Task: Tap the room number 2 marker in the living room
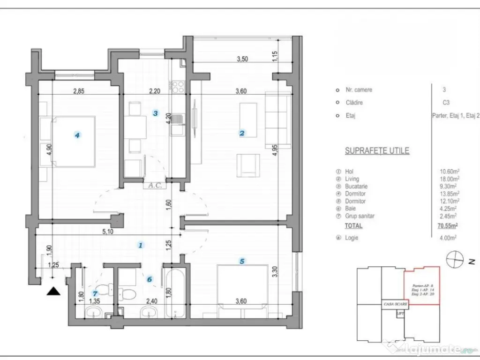coord(242,133)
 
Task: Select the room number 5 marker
coord(242,262)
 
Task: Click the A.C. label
coord(155,185)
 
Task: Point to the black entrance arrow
coord(55,291)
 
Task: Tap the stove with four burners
coord(178,86)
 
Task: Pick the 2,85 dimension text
coord(78,91)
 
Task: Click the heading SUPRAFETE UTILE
coord(377,151)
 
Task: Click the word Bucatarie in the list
coord(356,186)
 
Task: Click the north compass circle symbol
coord(454,259)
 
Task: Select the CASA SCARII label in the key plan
coord(394,303)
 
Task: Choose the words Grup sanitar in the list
coord(360,216)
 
